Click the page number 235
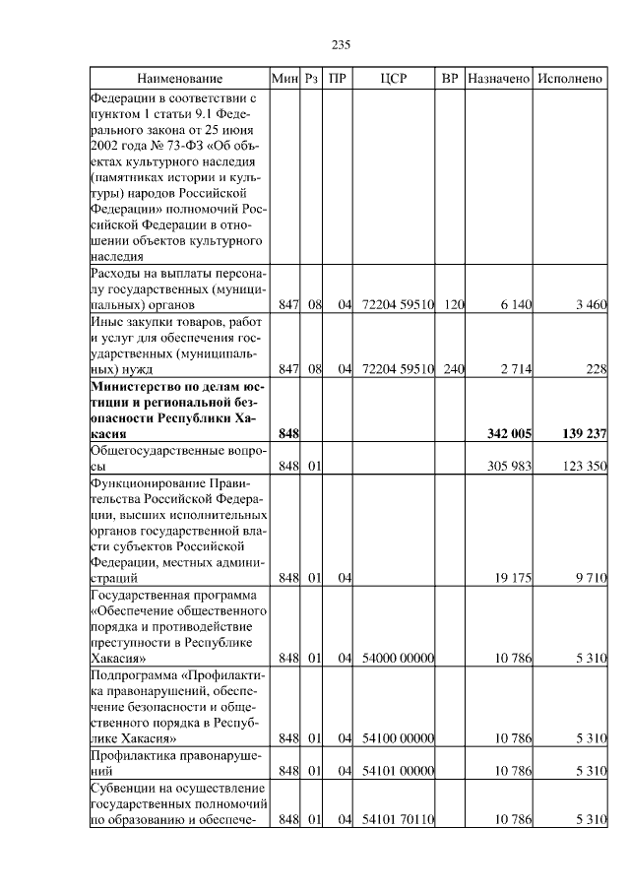pyautogui.click(x=342, y=44)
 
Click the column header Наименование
pyautogui.click(x=179, y=78)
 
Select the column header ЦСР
pyautogui.click(x=399, y=78)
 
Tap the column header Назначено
pyautogui.click(x=499, y=78)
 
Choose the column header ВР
pyautogui.click(x=451, y=78)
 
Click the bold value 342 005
pyautogui.click(x=510, y=433)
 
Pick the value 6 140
pyautogui.click(x=516, y=305)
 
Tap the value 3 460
pyautogui.click(x=589, y=305)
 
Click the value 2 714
pyautogui.click(x=516, y=369)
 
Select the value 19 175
pyautogui.click(x=513, y=579)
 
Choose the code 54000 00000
pyautogui.click(x=399, y=658)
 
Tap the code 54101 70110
pyautogui.click(x=399, y=819)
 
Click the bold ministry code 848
pyautogui.click(x=288, y=433)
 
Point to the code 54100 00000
pyautogui.click(x=399, y=738)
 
